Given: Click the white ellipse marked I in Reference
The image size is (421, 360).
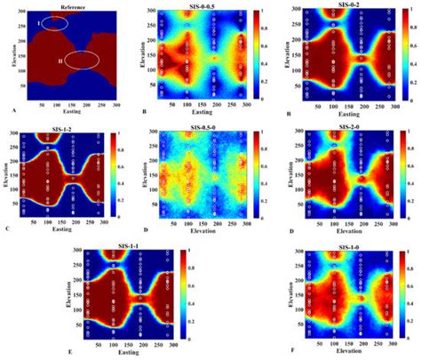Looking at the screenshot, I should click(x=52, y=21).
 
